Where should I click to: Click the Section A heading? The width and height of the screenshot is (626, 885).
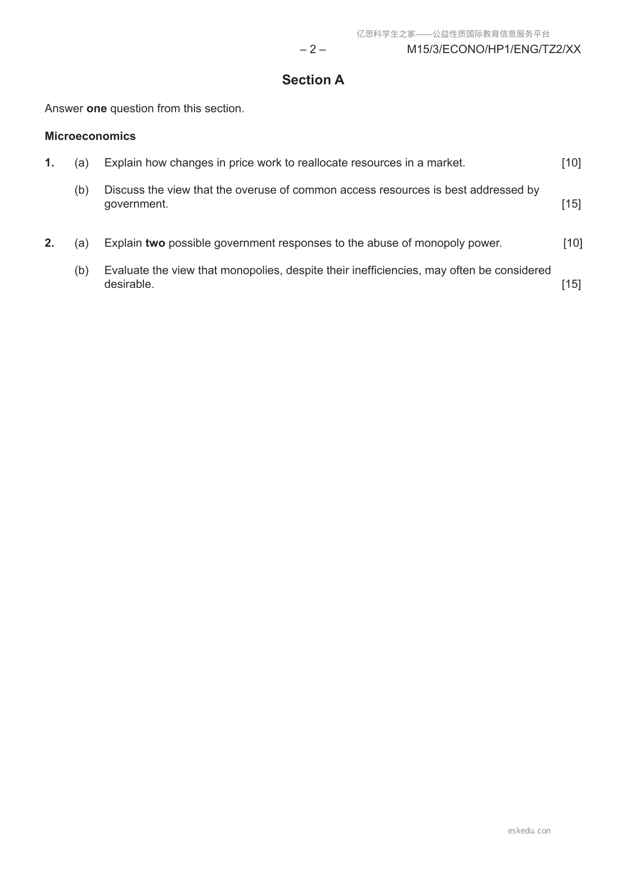313,80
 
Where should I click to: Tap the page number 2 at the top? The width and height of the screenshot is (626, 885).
313,49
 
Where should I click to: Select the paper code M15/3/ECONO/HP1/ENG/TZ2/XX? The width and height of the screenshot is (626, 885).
494,49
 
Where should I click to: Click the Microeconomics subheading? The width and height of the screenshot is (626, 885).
90,136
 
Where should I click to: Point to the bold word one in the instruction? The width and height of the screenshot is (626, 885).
96,109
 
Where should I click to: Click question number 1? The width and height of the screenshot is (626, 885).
49,163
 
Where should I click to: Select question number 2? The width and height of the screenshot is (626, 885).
49,243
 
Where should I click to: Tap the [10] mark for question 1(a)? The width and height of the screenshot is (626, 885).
571,163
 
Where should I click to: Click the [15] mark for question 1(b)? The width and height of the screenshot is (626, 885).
571,204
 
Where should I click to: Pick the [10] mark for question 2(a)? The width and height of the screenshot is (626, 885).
572,243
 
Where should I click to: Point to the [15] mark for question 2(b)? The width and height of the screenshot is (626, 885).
571,284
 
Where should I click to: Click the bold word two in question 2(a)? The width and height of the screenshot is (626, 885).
155,243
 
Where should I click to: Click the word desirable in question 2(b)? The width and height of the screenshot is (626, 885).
129,284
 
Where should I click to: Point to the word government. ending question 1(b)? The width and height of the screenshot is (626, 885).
136,204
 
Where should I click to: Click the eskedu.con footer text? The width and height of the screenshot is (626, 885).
529,831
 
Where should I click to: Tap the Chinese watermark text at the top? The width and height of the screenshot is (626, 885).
453,34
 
